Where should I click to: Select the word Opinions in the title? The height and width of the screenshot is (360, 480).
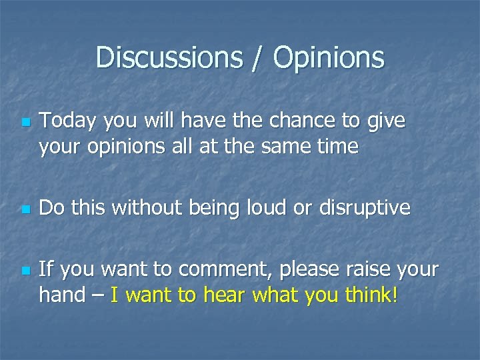click(x=328, y=57)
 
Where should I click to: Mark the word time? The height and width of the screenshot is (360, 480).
click(x=337, y=146)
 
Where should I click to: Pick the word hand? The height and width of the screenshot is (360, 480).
click(x=62, y=294)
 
